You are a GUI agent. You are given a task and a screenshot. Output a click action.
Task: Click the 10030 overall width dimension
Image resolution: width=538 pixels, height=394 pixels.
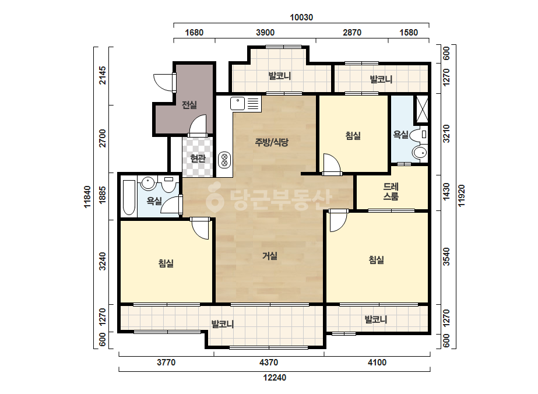tap(301, 17)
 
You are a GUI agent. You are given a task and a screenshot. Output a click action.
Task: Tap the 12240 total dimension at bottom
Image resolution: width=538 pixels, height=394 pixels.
tap(275, 378)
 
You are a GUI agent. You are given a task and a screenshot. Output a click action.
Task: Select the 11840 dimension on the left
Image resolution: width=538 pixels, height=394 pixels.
tap(87, 196)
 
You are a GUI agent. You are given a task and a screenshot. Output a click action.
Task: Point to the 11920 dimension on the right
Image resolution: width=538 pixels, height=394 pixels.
tap(462, 196)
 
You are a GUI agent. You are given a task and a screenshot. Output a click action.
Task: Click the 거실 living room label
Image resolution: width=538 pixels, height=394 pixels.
tap(270, 256)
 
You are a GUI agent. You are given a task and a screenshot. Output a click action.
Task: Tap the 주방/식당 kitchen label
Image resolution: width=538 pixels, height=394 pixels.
tap(272, 142)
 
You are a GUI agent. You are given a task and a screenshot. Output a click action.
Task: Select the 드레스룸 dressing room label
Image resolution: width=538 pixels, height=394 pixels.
tap(391, 192)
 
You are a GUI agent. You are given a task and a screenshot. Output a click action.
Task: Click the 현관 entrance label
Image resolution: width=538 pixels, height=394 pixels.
tap(198, 158)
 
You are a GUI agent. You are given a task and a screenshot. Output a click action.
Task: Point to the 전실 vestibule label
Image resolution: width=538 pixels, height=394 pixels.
tap(189, 105)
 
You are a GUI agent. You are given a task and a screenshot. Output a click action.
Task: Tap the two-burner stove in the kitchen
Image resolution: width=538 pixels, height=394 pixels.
tap(224, 160)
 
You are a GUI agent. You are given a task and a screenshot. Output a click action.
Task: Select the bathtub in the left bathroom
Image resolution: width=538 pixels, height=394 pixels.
tap(129, 198)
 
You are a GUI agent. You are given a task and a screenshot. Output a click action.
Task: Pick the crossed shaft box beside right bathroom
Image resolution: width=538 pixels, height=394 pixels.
tap(422, 109)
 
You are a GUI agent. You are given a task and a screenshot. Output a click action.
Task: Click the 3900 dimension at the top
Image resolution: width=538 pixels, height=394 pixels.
tap(265, 33)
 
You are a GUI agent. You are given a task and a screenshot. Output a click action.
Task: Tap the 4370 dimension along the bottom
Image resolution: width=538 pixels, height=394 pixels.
tap(269, 363)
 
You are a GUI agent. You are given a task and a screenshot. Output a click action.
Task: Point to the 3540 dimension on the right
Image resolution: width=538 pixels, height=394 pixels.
tap(446, 256)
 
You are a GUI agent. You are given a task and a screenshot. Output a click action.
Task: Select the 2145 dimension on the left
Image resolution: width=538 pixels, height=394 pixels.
tap(102, 76)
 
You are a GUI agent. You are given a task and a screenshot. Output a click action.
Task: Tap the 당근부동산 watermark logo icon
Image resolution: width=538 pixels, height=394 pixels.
tap(215, 198)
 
